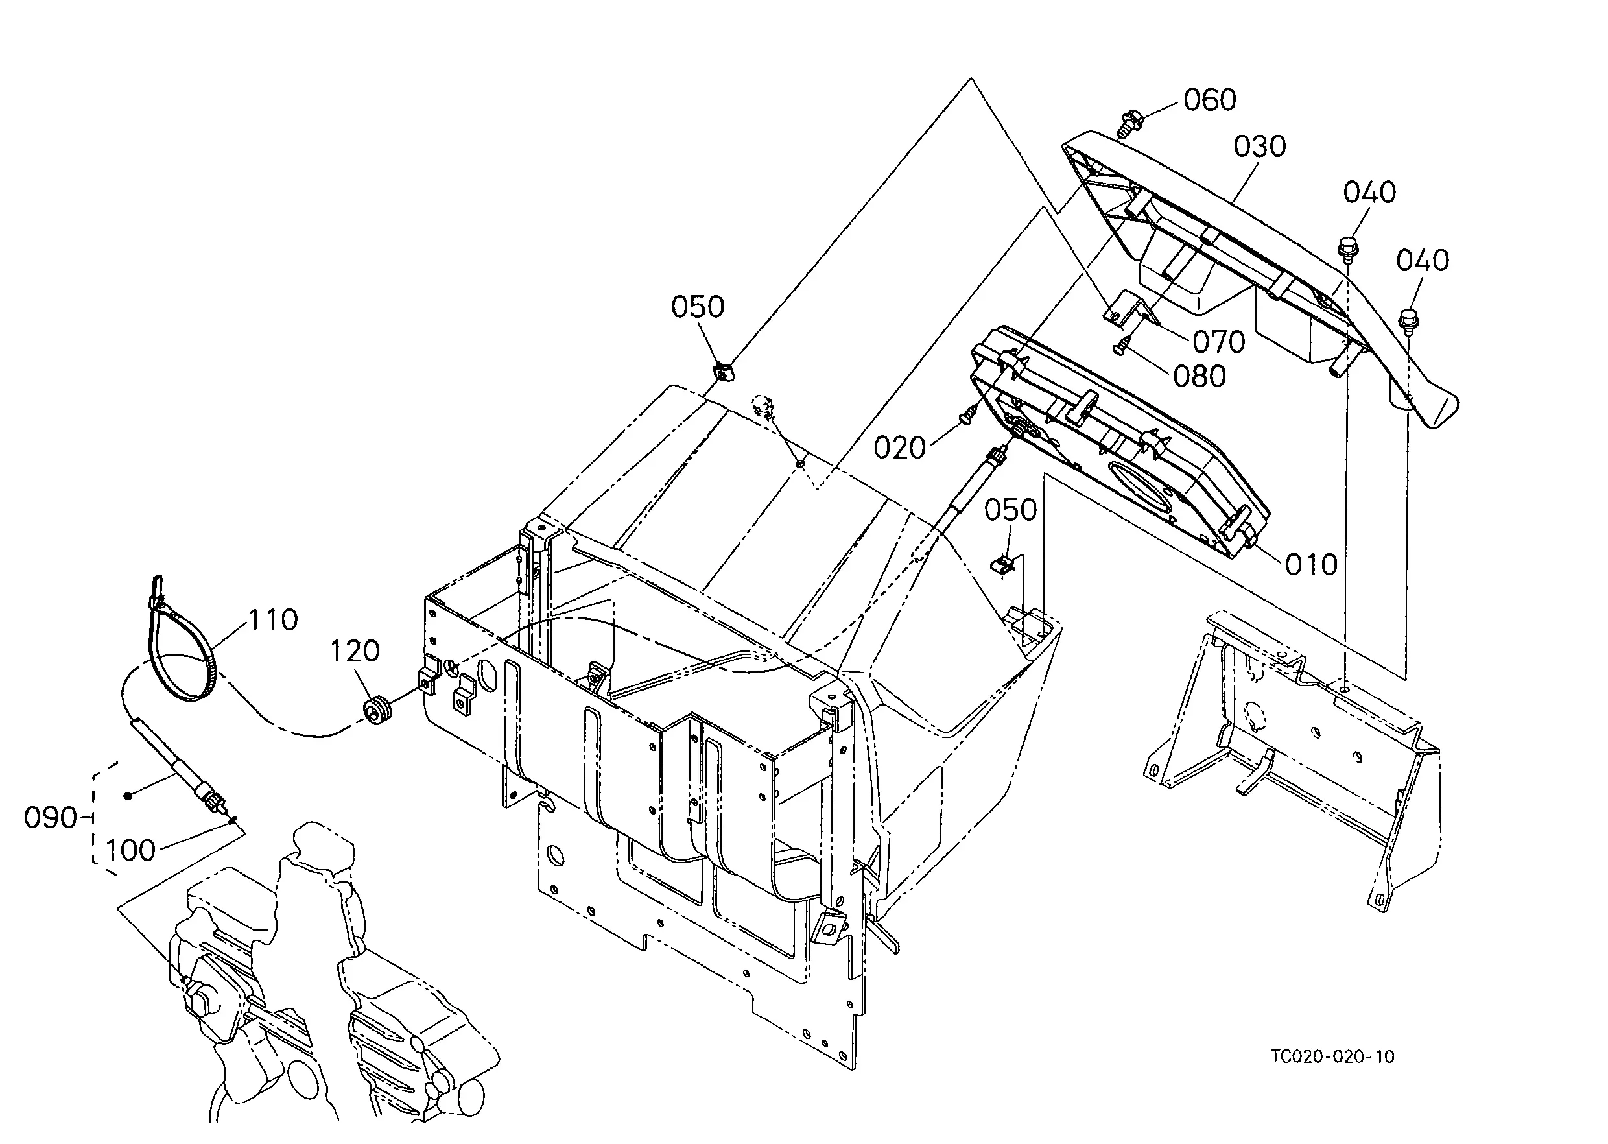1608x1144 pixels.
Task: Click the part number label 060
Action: pos(1209,100)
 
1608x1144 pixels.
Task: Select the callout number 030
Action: pos(1260,147)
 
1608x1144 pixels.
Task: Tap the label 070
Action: pos(1218,342)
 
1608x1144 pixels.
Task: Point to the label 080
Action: pos(1200,377)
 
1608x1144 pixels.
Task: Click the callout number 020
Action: pos(899,448)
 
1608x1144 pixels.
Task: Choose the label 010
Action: pos(1311,565)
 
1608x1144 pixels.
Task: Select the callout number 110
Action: pos(272,620)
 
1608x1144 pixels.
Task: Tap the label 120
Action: pos(355,651)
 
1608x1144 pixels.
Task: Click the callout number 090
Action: pos(50,818)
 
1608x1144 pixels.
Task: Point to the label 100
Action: pos(130,851)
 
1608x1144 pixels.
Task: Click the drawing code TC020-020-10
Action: pos(1332,1077)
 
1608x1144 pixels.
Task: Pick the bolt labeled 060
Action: pos(1127,123)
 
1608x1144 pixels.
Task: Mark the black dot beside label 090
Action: pos(128,796)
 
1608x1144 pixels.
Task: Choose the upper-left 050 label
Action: pos(697,307)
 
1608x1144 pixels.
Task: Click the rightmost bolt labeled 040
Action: pos(1408,320)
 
